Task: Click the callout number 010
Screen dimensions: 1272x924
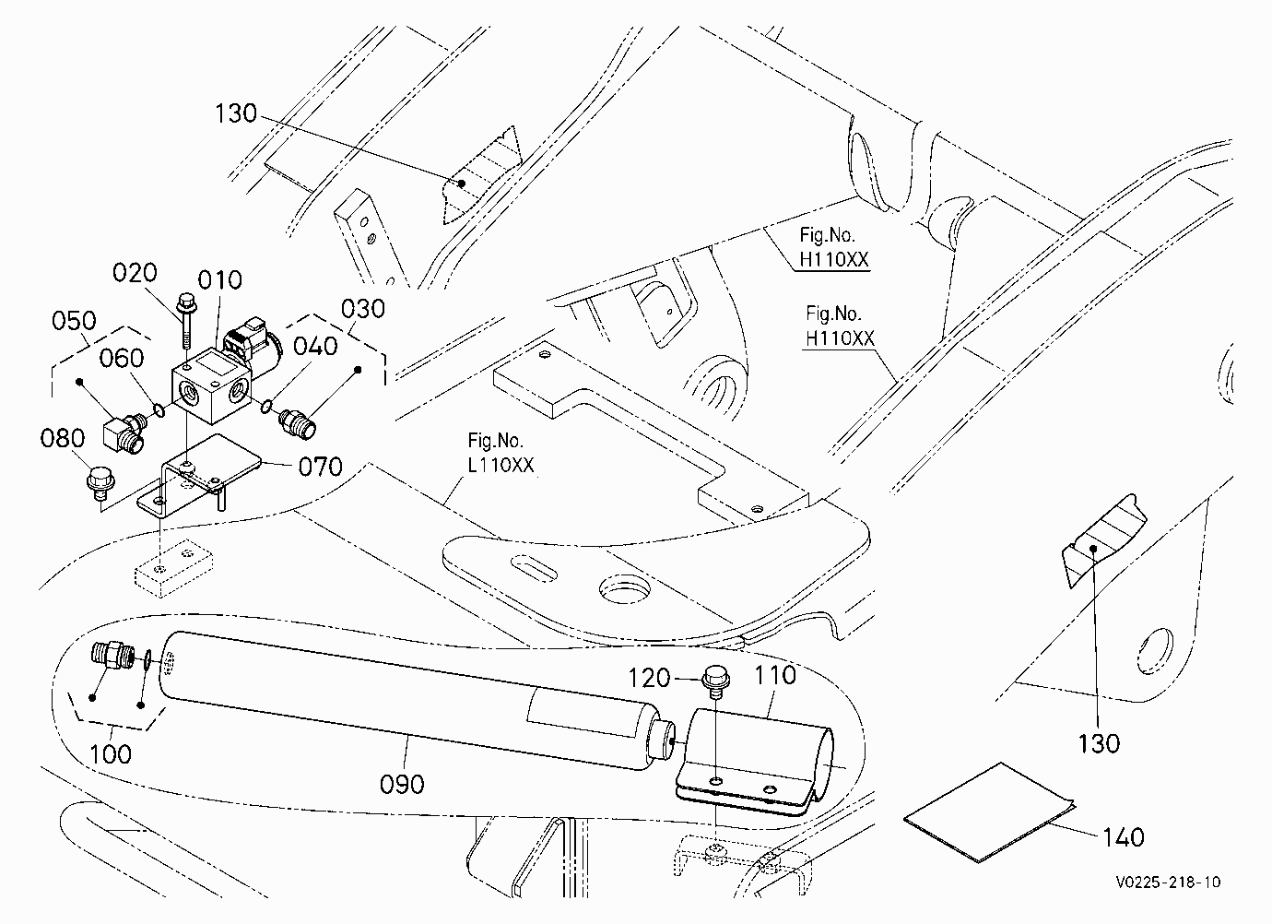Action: [219, 280]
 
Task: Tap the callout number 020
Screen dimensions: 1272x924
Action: [135, 273]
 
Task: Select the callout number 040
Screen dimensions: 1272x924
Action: [316, 346]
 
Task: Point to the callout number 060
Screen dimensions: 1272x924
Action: [122, 359]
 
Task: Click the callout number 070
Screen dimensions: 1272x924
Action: [320, 468]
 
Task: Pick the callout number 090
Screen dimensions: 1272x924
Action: [402, 785]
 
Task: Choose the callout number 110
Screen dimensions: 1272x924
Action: [775, 676]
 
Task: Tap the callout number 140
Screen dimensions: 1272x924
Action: [1124, 837]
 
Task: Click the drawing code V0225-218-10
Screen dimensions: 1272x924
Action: [1168, 882]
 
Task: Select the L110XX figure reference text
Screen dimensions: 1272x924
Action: [501, 466]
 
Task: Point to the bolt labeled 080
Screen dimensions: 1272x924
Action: [100, 484]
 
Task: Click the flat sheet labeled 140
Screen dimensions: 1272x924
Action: [989, 812]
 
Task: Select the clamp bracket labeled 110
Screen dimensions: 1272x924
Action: [755, 761]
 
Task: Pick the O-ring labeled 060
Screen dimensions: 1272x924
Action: [160, 409]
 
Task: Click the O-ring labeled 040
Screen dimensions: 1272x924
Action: [265, 407]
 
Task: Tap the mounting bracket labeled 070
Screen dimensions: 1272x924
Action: [199, 475]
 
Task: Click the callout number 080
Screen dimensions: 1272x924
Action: [63, 439]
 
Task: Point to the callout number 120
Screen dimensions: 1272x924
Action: [649, 678]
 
